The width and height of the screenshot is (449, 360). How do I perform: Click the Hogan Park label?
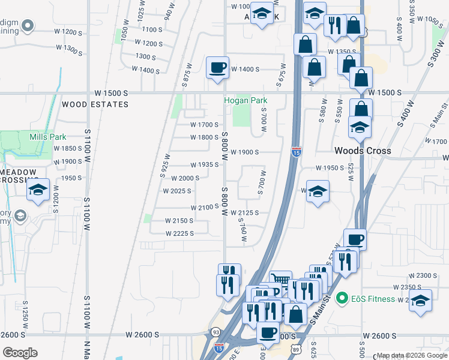pos(245,101)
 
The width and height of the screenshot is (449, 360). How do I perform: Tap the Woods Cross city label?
pos(363,151)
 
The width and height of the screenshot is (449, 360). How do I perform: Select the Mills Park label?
pos(48,137)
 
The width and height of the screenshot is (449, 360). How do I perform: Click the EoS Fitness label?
pos(373,299)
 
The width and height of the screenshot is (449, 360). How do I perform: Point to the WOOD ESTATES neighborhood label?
pos(95,104)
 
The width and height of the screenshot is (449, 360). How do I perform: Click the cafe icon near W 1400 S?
pos(217,68)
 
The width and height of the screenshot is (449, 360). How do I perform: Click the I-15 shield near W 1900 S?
pos(296,152)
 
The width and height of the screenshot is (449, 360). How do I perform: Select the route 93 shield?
pos(215,332)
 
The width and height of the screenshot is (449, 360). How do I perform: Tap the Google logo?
pos(20,353)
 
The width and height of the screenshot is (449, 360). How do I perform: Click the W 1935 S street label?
pos(204,164)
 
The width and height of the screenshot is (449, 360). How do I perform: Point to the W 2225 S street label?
pos(179,233)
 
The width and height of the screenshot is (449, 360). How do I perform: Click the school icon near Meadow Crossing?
pos(38,191)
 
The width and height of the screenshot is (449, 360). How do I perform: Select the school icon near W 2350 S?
pos(421,302)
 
